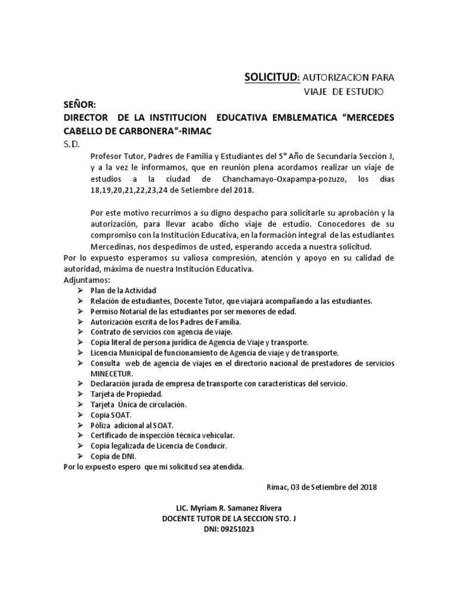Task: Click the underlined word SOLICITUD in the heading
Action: tap(271, 77)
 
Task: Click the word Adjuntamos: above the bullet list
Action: tap(87, 279)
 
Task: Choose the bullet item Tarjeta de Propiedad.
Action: tap(126, 394)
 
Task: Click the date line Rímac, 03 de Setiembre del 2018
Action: tap(321, 487)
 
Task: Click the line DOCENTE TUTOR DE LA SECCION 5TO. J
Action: tap(229, 518)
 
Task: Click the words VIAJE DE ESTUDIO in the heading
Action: tap(341, 91)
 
